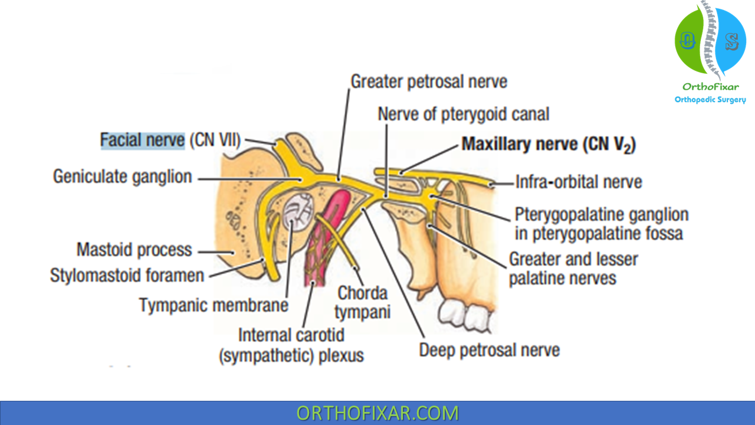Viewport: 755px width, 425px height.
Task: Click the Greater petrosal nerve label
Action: coord(429,81)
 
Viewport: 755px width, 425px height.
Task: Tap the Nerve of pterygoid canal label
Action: coord(464,113)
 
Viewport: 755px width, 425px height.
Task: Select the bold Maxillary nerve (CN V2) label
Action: coord(548,145)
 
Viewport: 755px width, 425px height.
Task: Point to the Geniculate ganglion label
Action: coord(122,176)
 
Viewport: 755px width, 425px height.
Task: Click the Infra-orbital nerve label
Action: coord(579,182)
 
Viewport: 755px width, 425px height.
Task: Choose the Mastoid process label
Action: coord(134,250)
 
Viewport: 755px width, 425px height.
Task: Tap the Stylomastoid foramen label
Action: coord(127,276)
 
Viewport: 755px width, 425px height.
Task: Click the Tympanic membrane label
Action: coord(214,305)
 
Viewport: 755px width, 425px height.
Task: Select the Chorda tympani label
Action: coord(363,302)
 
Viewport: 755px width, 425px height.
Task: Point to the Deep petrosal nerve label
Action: coord(489,350)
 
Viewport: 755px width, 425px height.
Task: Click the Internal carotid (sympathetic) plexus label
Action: coord(291,345)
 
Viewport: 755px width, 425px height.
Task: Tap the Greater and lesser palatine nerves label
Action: coord(573,268)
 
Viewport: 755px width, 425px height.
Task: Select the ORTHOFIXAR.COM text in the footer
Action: coord(377,413)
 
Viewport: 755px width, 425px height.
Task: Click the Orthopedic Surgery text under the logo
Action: coord(710,100)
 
